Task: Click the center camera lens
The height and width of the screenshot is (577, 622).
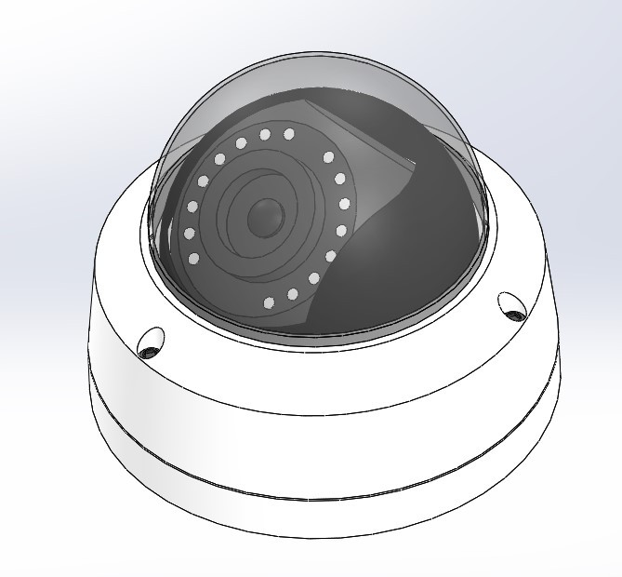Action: tap(263, 217)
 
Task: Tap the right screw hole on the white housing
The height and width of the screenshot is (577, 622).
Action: tap(512, 305)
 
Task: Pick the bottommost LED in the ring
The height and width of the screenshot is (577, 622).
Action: tap(270, 302)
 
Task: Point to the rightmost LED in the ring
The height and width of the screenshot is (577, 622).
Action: tap(345, 204)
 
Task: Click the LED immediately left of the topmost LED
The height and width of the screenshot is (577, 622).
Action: tap(265, 135)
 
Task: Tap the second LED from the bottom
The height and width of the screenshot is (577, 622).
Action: tap(292, 294)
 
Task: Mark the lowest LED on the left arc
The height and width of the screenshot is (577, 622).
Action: tap(193, 258)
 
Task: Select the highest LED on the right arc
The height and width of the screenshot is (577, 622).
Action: tap(328, 157)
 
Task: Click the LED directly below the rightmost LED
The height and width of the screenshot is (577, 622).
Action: tap(341, 230)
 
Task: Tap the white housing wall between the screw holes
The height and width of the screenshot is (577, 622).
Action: tap(316, 400)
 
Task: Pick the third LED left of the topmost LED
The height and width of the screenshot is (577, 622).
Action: tap(219, 160)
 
